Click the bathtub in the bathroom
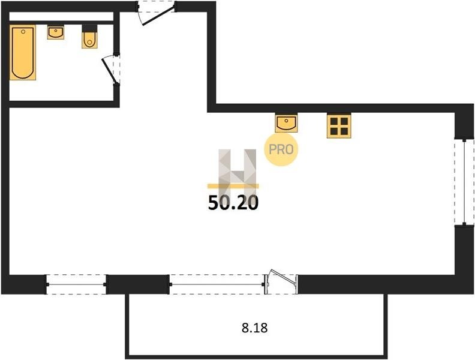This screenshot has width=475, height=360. point(23,52)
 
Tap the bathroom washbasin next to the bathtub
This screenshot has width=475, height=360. point(55,32)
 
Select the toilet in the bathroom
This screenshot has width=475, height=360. point(90,37)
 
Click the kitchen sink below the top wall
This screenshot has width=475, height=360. point(286,123)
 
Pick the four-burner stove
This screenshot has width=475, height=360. point(339,126)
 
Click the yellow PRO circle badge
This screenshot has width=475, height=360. point(281,149)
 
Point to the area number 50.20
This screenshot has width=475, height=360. point(233,203)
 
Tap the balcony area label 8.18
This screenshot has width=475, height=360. point(255,328)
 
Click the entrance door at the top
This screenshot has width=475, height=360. point(156,13)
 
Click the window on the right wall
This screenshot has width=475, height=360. point(464,182)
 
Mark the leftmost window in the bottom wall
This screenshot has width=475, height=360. point(76,284)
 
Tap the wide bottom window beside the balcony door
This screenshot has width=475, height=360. point(217,284)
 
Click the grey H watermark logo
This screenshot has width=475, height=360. point(237,173)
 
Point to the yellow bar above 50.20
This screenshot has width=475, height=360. point(233,186)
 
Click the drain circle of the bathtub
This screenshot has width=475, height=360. point(23,32)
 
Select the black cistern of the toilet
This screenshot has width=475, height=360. point(90,28)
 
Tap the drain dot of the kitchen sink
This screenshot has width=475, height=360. point(286,121)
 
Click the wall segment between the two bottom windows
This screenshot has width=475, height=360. point(138,284)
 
